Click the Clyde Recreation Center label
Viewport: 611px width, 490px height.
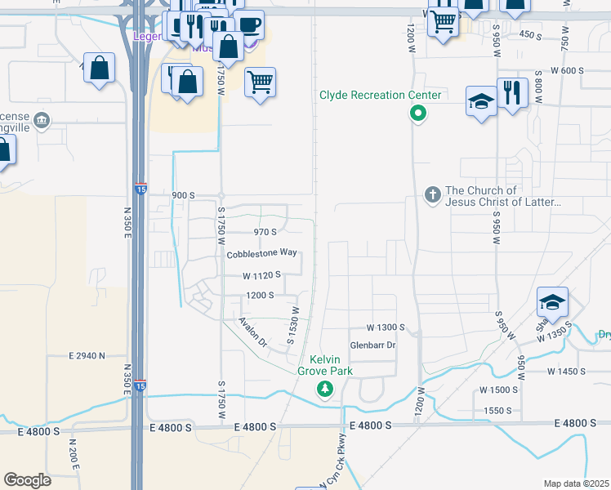pos(380,95)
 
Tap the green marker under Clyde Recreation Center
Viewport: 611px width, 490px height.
pos(417,114)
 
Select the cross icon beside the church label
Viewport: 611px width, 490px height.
pos(433,194)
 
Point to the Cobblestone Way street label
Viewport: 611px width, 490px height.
pos(261,254)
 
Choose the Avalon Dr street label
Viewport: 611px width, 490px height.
pos(252,332)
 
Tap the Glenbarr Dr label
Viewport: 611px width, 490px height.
pos(372,345)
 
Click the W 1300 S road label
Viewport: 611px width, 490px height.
pos(386,327)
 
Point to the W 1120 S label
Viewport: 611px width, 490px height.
pos(261,275)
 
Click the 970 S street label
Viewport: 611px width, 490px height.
pos(266,232)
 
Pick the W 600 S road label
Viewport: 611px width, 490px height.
pos(567,71)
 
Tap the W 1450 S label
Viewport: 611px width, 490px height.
pos(567,371)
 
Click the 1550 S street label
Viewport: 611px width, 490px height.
pos(497,410)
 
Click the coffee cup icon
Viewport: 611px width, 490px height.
pos(248,24)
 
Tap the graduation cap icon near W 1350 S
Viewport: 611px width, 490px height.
pos(552,303)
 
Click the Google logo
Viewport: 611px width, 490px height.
pos(27,480)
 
